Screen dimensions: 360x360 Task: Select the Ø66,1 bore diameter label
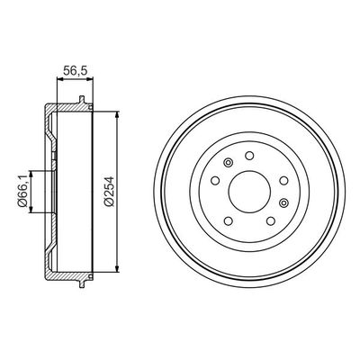[21, 190]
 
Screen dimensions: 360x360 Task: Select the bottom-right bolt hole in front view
[268, 221]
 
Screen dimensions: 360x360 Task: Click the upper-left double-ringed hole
[228, 163]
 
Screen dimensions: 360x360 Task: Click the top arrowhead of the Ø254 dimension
[118, 115]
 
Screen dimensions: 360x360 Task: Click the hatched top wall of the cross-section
[67, 109]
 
